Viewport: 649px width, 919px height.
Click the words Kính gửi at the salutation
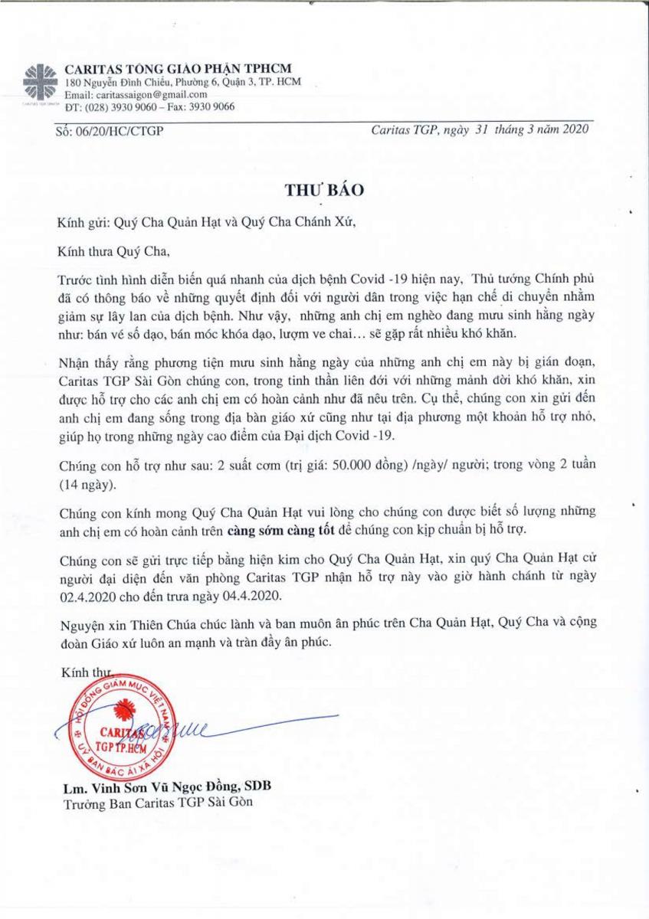point(80,223)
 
